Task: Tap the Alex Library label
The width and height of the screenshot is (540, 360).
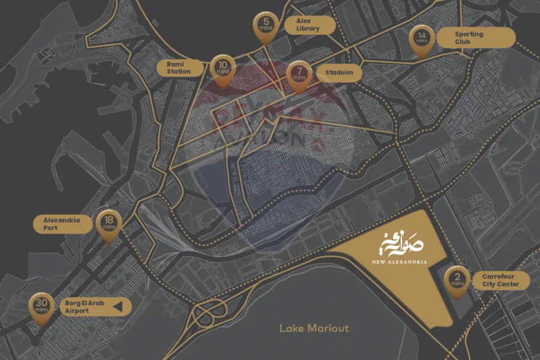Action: [308, 25]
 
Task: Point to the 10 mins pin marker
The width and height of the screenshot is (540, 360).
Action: [223, 68]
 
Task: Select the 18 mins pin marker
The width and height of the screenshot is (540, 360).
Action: [109, 224]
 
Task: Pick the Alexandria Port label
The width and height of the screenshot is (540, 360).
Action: [62, 224]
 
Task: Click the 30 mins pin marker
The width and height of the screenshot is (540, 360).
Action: [41, 307]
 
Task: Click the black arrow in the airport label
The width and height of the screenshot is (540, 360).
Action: [118, 307]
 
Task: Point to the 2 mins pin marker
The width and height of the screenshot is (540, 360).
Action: [457, 280]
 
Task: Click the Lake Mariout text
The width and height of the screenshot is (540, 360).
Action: [314, 328]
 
